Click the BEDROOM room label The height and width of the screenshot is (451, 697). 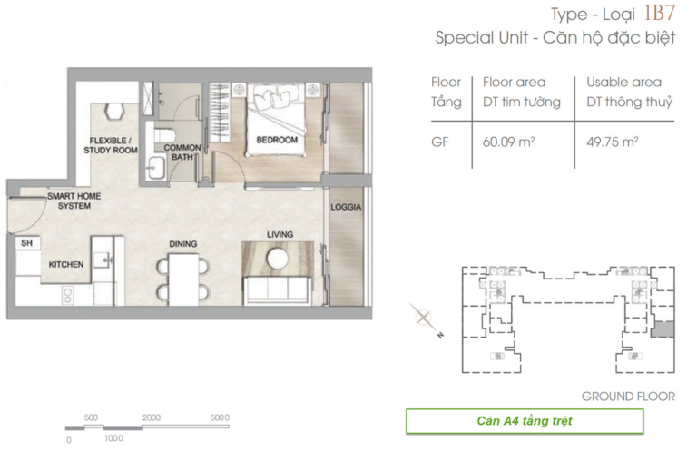pyautogui.click(x=277, y=140)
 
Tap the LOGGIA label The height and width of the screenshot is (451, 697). pyautogui.click(x=346, y=207)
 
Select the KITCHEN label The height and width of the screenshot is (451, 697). pyautogui.click(x=65, y=265)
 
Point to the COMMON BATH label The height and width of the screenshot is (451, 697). pyautogui.click(x=182, y=152)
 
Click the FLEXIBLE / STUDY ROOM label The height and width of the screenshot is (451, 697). pyautogui.click(x=110, y=145)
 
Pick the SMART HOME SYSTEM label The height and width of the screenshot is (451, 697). pyautogui.click(x=74, y=201)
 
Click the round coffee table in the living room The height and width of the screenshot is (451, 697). pyautogui.click(x=278, y=258)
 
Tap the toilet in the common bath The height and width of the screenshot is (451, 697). pyautogui.click(x=165, y=134)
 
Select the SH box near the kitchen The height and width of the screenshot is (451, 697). pyautogui.click(x=27, y=243)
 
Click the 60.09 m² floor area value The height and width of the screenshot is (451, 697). pyautogui.click(x=508, y=142)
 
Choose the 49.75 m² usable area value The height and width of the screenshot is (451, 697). pyautogui.click(x=613, y=142)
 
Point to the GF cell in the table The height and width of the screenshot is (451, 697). pyautogui.click(x=439, y=142)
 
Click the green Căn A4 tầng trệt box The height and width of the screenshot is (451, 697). pyautogui.click(x=525, y=421)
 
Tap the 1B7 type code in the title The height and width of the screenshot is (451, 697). pyautogui.click(x=659, y=13)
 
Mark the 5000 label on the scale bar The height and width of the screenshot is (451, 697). pyautogui.click(x=220, y=417)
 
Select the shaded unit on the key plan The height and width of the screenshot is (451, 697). pyautogui.click(x=663, y=329)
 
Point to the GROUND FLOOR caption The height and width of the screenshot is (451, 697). pyautogui.click(x=628, y=397)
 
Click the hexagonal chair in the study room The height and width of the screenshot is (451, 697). pyautogui.click(x=113, y=111)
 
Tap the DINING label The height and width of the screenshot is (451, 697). pyautogui.click(x=183, y=244)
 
